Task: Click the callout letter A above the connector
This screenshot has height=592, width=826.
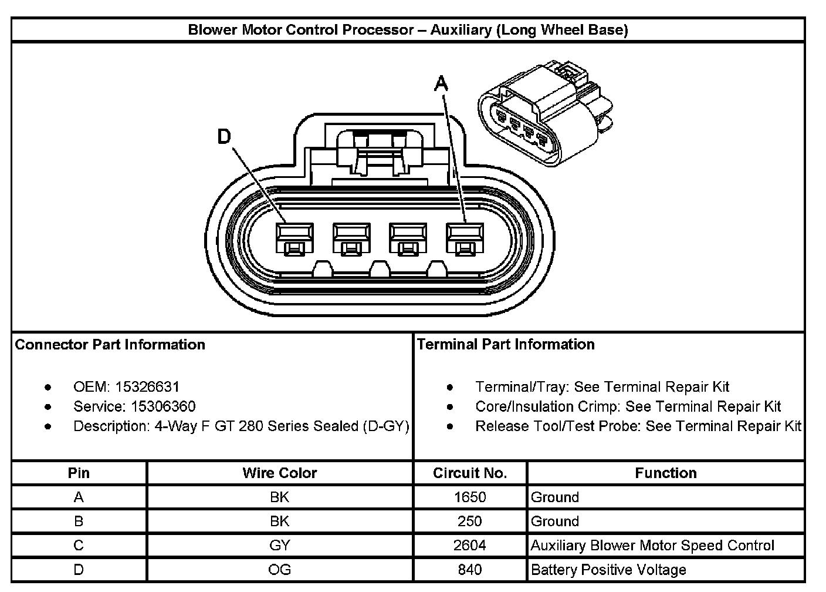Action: pyautogui.click(x=441, y=84)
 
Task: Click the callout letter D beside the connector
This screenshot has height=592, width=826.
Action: pyautogui.click(x=224, y=137)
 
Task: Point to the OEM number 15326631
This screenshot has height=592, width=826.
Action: pyautogui.click(x=147, y=387)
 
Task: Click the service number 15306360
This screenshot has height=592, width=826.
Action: pyautogui.click(x=163, y=406)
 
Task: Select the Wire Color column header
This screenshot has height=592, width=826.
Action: pyautogui.click(x=280, y=473)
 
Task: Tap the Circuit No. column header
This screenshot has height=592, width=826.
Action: pyautogui.click(x=470, y=473)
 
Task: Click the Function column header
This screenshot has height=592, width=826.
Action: pyautogui.click(x=666, y=473)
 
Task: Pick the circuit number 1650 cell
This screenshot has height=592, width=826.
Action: pyautogui.click(x=470, y=497)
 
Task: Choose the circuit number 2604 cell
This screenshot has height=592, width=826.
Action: pyautogui.click(x=470, y=546)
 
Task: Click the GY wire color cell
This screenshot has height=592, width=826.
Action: pyautogui.click(x=280, y=546)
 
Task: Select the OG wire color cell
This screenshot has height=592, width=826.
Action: pyautogui.click(x=280, y=570)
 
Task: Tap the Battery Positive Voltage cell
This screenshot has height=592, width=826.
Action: pyautogui.click(x=608, y=570)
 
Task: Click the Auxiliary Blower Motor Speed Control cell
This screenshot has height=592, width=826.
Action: pyautogui.click(x=652, y=546)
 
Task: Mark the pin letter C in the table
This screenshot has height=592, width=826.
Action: pyautogui.click(x=79, y=546)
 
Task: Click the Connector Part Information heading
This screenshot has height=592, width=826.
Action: pyautogui.click(x=110, y=345)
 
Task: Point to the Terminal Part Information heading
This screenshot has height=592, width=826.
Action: pyautogui.click(x=506, y=344)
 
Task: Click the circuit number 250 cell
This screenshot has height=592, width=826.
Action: pyautogui.click(x=470, y=522)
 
